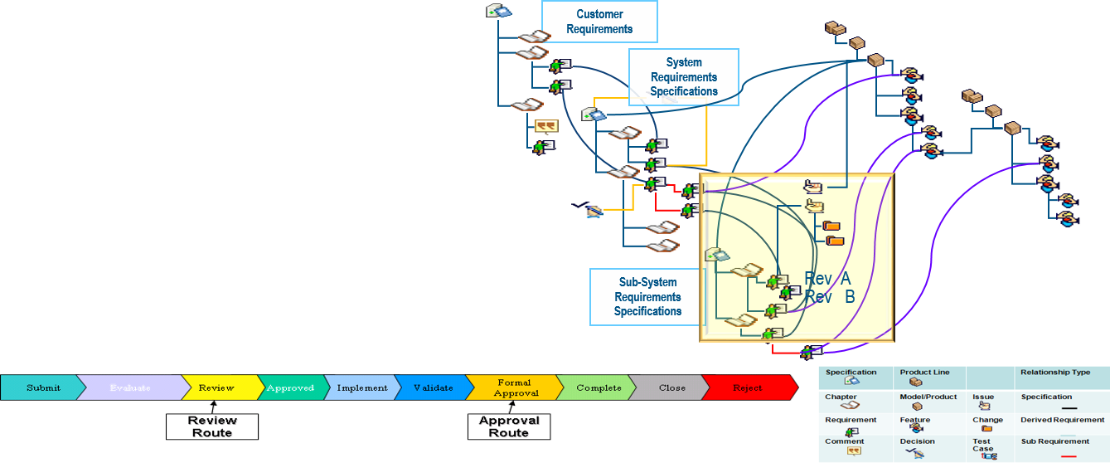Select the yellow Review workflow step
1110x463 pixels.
point(216,387)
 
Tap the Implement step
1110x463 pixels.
point(361,387)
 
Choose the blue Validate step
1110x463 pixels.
point(433,387)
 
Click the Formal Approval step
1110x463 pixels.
point(516,387)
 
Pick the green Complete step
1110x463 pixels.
point(599,387)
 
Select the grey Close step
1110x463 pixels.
point(671,387)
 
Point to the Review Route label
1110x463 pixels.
point(214,426)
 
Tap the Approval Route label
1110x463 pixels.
point(510,426)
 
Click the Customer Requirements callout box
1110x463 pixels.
point(599,22)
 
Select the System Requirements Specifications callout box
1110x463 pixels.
point(683,76)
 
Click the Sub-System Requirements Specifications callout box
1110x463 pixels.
point(647,296)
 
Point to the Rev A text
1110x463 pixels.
point(827,280)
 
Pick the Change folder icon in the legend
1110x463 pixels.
point(986,429)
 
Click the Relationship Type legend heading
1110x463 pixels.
point(1055,373)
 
